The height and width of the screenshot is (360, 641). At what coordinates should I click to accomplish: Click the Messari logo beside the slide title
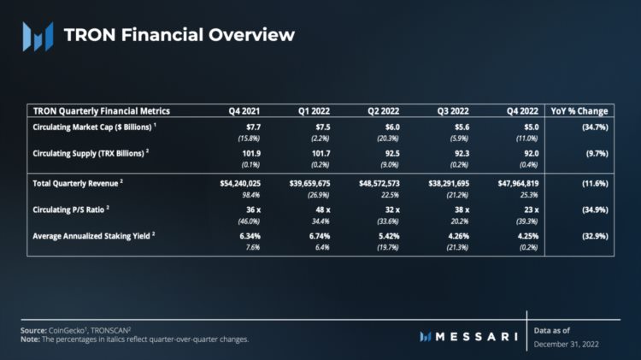click(x=38, y=35)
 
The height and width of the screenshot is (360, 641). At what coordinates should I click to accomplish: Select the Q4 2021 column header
click(x=245, y=111)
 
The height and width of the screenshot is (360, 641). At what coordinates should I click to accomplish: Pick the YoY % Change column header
click(x=580, y=111)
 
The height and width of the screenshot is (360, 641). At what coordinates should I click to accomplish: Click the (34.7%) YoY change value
click(x=593, y=127)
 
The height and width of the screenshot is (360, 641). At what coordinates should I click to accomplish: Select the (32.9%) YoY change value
click(x=593, y=232)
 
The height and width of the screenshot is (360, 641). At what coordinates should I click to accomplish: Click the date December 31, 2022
click(x=568, y=343)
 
